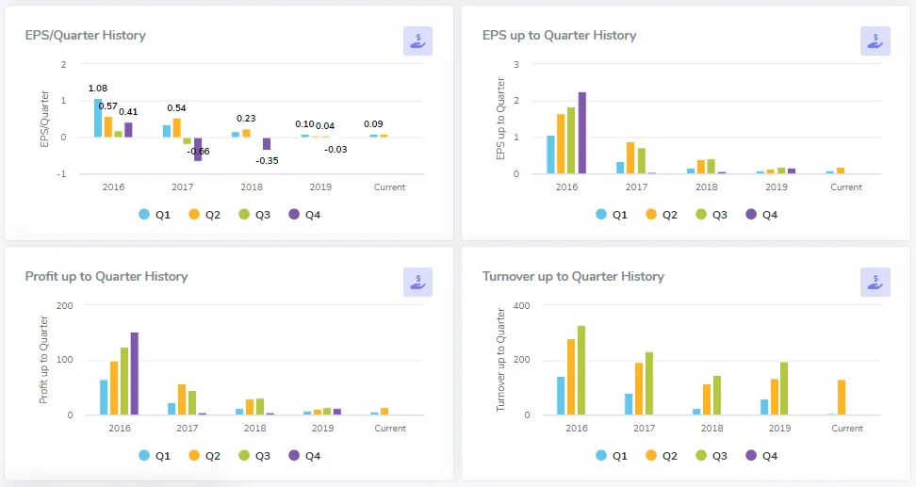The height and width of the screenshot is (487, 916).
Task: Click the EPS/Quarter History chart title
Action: [x=85, y=36]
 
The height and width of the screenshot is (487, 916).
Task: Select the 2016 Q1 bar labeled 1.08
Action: [x=98, y=118]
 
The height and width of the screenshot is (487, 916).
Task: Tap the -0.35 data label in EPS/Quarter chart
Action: [x=268, y=161]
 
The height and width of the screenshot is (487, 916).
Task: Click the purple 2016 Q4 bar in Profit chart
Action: [x=134, y=373]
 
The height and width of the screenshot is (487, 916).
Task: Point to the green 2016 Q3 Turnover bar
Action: [x=581, y=370]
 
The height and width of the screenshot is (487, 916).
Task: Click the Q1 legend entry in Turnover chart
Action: [x=611, y=455]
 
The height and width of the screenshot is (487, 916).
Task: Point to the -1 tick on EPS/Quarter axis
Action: [x=63, y=173]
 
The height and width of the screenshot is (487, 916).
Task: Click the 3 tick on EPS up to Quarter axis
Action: [x=516, y=64]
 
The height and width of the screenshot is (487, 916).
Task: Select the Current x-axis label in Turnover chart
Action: [x=846, y=428]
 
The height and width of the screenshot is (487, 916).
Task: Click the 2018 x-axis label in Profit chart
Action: [x=254, y=428]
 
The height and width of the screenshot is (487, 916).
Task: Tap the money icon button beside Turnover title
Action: [x=875, y=281]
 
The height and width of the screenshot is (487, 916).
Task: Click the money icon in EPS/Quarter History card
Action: [x=417, y=41]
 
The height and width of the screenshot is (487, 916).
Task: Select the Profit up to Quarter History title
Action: [x=106, y=277]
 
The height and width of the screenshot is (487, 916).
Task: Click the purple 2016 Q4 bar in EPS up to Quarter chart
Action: [x=581, y=133]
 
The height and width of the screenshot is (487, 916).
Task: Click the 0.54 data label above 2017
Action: [x=176, y=108]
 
